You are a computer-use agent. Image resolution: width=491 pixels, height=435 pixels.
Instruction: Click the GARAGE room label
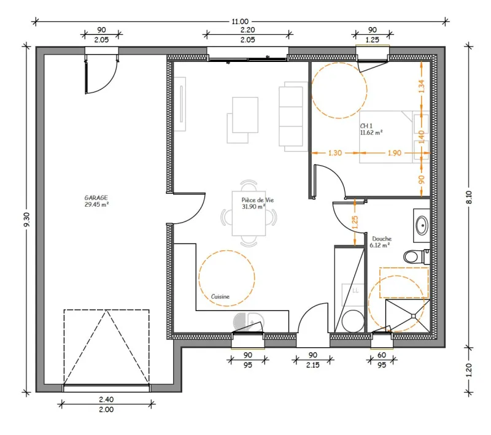96,198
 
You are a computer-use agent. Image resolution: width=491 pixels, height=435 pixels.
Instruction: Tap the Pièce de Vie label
257,200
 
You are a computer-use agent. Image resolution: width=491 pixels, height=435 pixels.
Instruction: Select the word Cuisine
220,296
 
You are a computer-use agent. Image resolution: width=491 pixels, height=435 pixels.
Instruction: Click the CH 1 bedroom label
366,126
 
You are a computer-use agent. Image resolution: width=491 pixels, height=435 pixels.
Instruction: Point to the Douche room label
382,239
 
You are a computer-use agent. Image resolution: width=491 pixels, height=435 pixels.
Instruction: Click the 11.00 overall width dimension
240,21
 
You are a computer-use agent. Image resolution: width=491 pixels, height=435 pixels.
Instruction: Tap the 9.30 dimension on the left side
27,220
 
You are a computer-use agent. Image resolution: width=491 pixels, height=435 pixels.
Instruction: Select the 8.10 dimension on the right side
469,197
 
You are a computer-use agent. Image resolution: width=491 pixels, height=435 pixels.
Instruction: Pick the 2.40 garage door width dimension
106,399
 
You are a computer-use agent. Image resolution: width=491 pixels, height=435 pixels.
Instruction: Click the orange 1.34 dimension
422,86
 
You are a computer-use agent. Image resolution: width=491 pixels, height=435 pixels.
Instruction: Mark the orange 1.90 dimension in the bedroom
394,153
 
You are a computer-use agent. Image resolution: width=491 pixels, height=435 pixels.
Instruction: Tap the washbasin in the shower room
422,225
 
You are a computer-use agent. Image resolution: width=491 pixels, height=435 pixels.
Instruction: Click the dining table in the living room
249,214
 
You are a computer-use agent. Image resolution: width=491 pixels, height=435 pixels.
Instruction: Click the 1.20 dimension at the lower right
469,370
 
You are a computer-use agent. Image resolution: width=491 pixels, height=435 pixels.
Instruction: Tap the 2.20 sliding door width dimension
247,30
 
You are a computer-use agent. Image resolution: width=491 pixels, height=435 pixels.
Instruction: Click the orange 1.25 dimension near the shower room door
355,222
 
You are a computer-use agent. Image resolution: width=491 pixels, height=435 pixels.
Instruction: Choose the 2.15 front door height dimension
312,365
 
